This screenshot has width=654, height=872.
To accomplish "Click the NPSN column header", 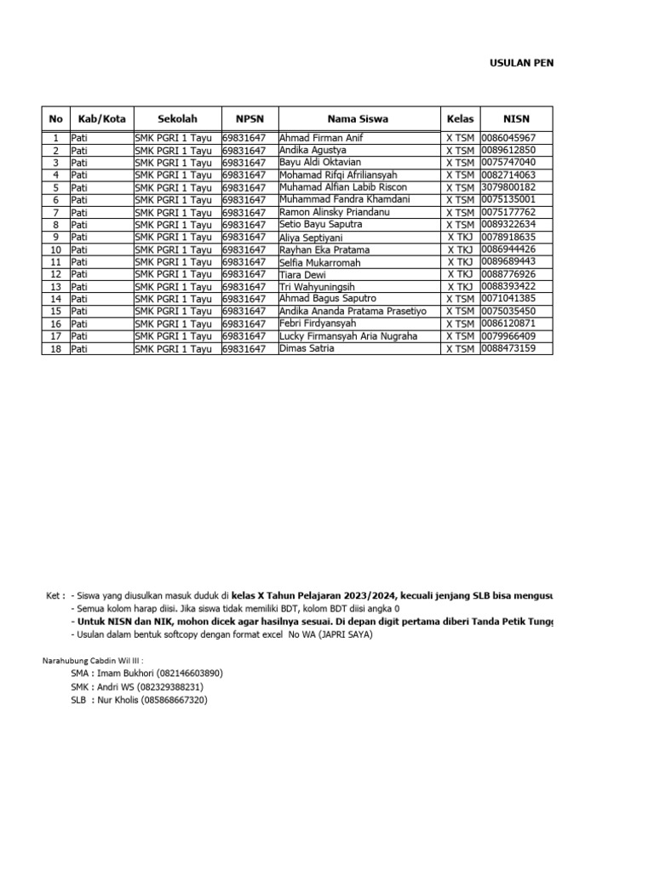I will click(250, 119).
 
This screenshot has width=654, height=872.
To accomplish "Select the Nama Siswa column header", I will click(358, 119).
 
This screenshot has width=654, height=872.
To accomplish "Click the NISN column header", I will click(516, 119).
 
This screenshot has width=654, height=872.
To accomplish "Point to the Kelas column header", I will click(459, 119).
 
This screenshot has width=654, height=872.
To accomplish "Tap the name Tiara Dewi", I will click(303, 274).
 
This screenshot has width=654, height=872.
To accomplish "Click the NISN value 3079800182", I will click(508, 187).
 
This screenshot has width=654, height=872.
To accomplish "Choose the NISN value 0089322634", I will click(508, 225).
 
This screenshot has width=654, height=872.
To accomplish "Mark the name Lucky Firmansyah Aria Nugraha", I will click(348, 336).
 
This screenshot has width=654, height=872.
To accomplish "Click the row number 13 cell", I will click(55, 287).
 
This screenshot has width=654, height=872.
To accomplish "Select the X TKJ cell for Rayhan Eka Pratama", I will click(460, 250).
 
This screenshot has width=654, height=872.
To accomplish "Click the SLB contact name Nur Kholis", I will click(124, 700).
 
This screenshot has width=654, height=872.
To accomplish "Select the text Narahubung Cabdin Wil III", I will click(93, 660).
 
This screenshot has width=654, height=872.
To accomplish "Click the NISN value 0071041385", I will click(508, 299).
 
